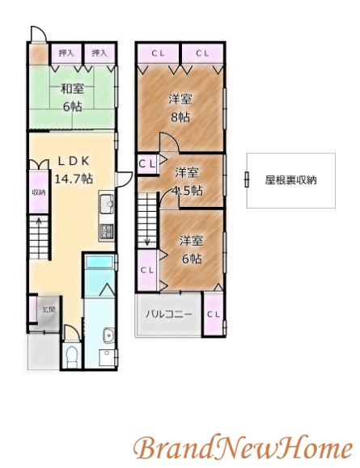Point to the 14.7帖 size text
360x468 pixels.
click(74, 177)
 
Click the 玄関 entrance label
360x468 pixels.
click(48, 310)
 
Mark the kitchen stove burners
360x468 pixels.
click(106, 231)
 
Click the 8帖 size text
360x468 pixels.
click(180, 116)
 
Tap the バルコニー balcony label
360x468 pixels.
click(168, 314)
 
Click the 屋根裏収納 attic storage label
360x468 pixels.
click(291, 180)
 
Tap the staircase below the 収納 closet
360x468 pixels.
click(38, 239)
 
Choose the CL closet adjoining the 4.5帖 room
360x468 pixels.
click(146, 164)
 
